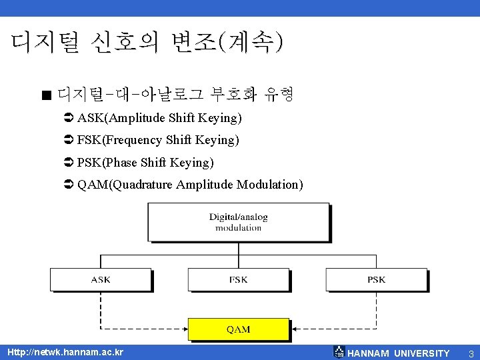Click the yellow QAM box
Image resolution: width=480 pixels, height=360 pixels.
tap(238, 329)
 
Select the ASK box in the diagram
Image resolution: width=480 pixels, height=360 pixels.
tap(101, 279)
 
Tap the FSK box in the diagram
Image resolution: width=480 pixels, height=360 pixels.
tap(238, 279)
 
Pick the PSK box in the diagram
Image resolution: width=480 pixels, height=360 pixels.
tap(376, 279)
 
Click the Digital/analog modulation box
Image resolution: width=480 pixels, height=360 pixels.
tap(238, 222)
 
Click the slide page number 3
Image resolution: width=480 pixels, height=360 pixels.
tap(470, 353)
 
